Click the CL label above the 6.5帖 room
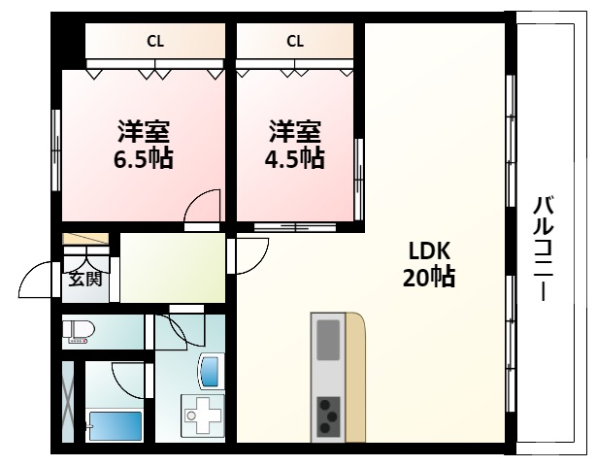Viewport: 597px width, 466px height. click(x=154, y=41)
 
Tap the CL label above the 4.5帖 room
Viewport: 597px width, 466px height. click(x=295, y=41)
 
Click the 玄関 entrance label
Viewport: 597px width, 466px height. click(x=84, y=281)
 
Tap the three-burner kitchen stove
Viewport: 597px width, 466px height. click(x=329, y=416)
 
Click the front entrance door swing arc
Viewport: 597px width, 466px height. click(x=37, y=282)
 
